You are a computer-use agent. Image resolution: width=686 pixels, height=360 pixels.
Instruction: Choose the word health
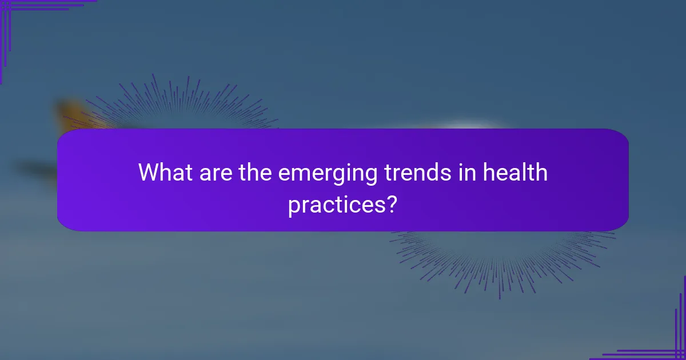coord(515,173)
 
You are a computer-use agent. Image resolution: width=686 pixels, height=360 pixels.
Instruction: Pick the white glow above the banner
coord(466,126)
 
